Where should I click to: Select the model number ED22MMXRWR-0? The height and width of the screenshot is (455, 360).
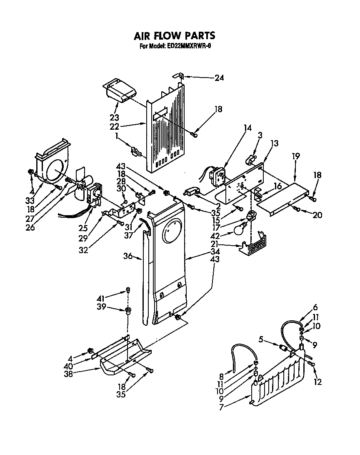[x=186, y=46]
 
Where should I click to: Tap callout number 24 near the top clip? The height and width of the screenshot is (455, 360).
[x=219, y=78]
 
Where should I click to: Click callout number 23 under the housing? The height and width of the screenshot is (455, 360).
[x=114, y=117]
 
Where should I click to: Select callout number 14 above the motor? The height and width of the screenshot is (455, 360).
[x=247, y=128]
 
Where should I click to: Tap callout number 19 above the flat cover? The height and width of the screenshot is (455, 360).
[x=295, y=157]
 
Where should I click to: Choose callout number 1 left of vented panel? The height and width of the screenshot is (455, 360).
[x=117, y=136]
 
